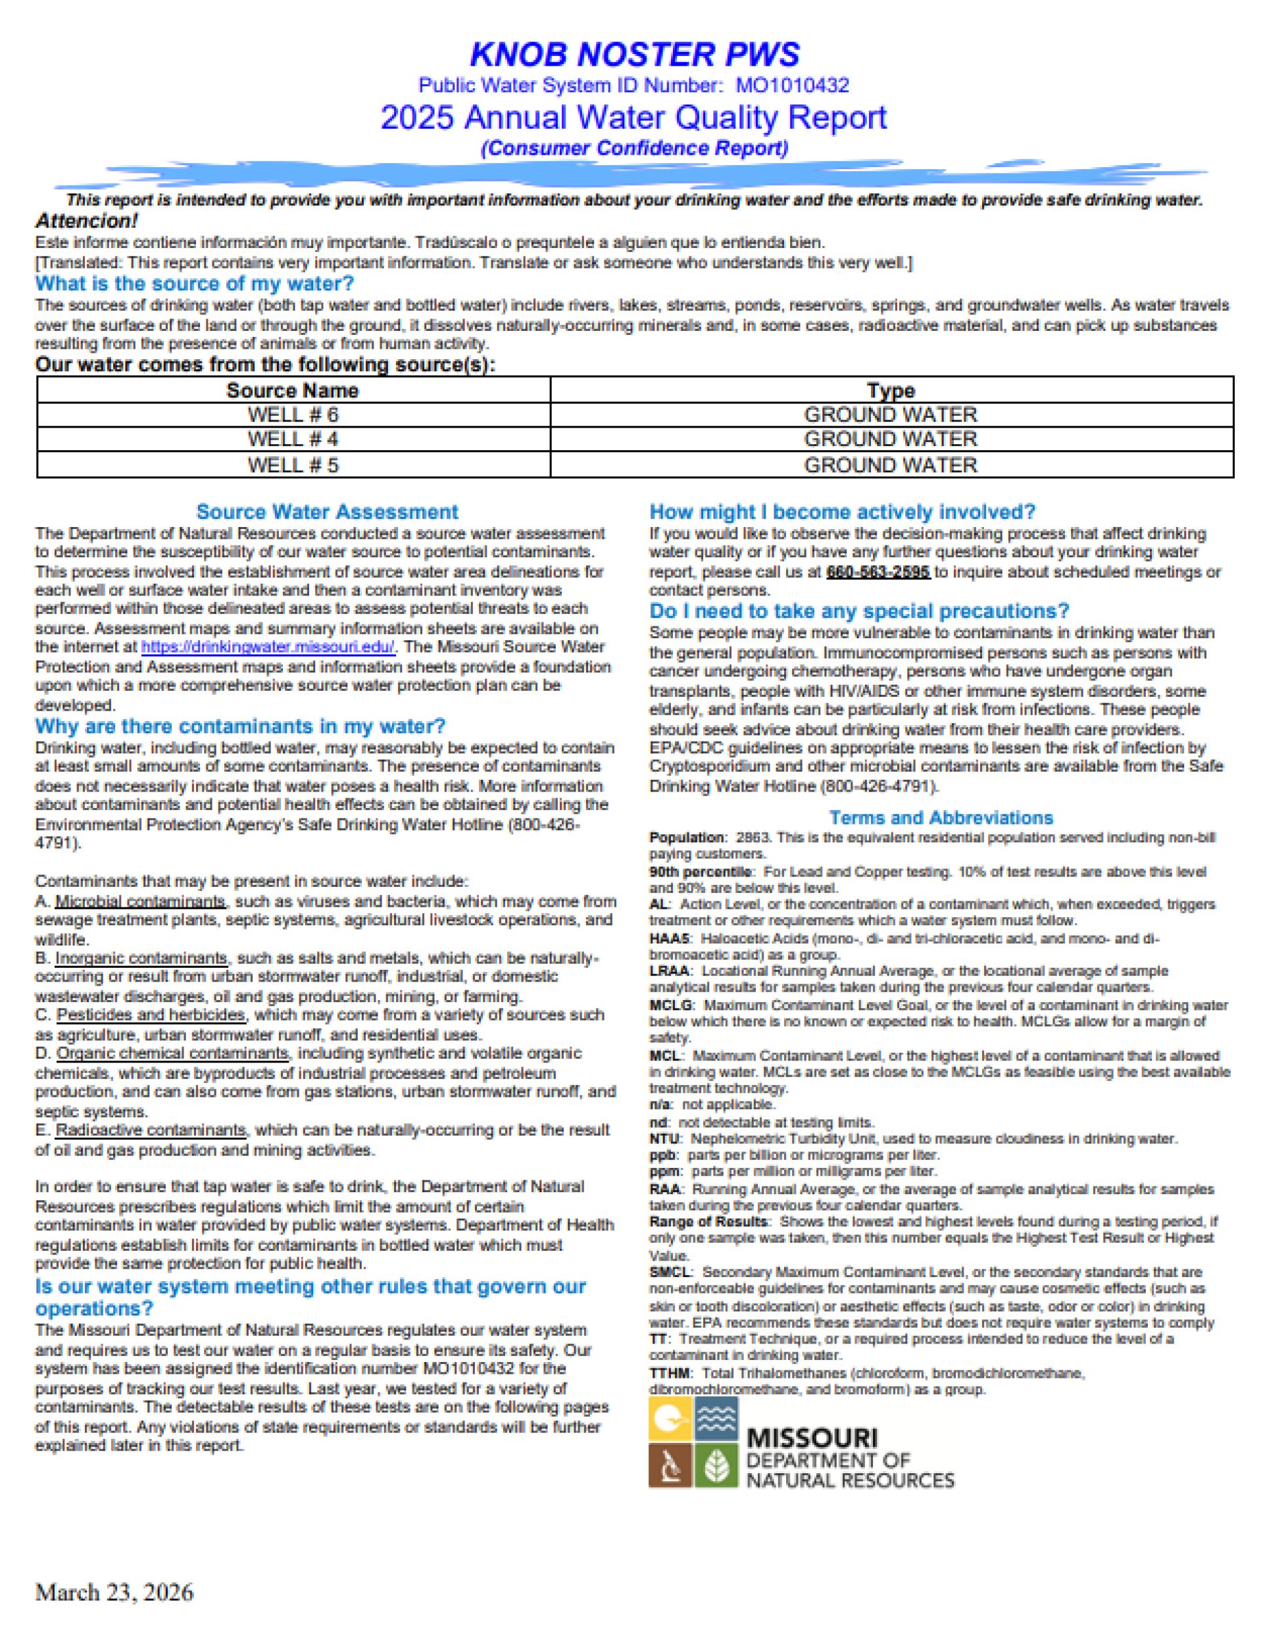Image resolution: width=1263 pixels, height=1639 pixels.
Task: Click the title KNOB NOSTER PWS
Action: coord(634,54)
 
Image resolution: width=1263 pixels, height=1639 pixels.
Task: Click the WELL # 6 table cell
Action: coord(293,415)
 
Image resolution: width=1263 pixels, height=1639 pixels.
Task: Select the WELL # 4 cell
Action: coord(293,439)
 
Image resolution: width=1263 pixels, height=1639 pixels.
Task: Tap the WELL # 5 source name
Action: coord(293,465)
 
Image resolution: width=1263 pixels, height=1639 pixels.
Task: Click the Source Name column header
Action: coord(293,390)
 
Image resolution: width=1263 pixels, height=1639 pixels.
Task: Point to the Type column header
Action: coord(891,390)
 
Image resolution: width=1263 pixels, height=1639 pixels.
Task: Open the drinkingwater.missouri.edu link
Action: coord(268,647)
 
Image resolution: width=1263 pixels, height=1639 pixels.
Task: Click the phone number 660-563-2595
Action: coord(878,572)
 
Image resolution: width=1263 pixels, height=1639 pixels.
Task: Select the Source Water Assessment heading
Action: coord(326,512)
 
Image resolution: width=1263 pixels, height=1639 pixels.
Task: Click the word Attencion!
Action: coord(86,221)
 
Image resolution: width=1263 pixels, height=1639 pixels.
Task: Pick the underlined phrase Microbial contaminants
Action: coord(140,901)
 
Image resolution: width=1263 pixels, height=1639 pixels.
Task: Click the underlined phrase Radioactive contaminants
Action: coord(151,1130)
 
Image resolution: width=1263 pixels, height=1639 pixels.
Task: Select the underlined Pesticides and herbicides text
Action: coord(151,1015)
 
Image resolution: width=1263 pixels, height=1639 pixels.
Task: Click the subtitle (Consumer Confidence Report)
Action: coord(634,149)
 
